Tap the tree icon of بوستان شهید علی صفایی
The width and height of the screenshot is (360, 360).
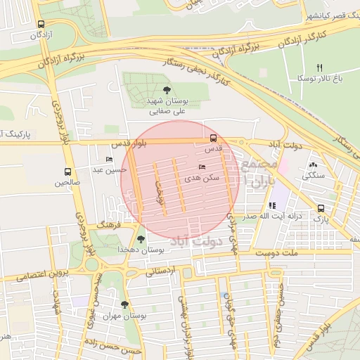coord(166,89)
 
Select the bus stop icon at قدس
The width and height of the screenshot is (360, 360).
coord(213,138)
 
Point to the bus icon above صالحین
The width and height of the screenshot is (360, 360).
coord(68,171)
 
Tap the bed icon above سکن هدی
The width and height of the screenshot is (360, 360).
coord(202,167)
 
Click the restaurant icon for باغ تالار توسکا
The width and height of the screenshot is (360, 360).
coord(319,67)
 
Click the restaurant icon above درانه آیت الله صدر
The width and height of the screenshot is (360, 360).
coord(272,205)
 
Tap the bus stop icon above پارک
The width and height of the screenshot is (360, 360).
coord(321,208)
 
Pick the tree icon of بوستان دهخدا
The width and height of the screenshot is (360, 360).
coord(141,238)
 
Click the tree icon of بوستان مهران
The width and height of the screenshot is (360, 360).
coord(124,304)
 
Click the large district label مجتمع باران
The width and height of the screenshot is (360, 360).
coord(251,173)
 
